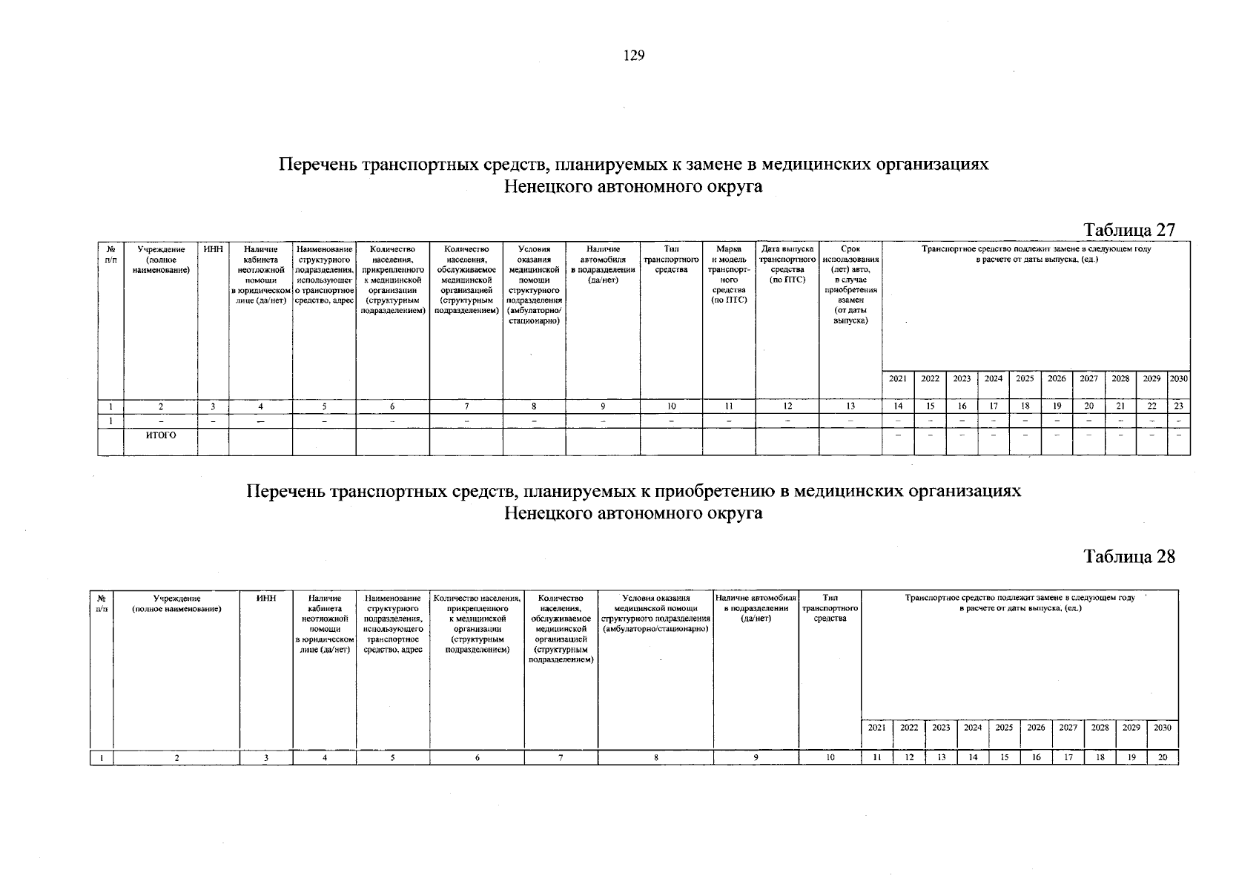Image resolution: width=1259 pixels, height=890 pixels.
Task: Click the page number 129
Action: click(x=634, y=56)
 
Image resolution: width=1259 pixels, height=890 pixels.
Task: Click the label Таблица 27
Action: click(x=1129, y=230)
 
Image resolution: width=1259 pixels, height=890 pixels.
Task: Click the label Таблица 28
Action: click(x=1129, y=557)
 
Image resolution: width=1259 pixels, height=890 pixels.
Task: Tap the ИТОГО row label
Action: click(x=161, y=435)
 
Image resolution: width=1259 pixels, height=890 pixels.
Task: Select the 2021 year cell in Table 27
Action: click(x=898, y=378)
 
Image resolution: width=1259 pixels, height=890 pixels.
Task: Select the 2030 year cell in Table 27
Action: click(x=1178, y=378)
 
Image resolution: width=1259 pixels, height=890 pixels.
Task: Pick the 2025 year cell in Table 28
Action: click(x=1004, y=728)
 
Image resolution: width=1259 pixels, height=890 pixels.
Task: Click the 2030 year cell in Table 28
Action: click(x=1162, y=728)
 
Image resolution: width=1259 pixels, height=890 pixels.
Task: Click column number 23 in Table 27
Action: click(x=1178, y=406)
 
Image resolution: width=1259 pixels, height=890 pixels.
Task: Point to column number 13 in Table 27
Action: click(x=850, y=406)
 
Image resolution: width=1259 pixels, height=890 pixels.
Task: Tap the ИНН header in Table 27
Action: click(x=214, y=250)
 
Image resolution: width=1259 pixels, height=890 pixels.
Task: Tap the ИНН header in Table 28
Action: click(x=265, y=598)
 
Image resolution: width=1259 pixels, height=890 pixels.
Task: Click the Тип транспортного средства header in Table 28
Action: click(x=830, y=608)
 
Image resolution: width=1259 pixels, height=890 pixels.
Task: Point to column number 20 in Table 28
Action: click(x=1162, y=758)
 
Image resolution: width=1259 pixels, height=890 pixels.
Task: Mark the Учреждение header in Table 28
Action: click(x=176, y=603)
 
